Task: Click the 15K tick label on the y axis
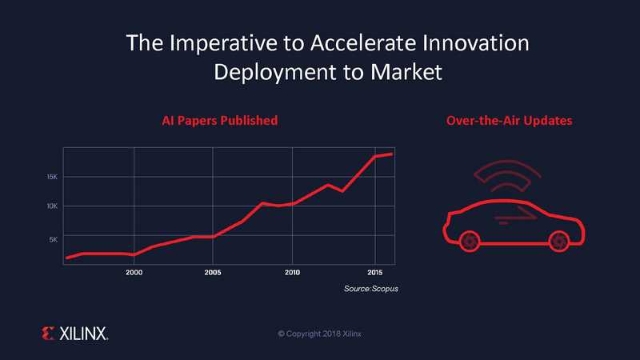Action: pyautogui.click(x=52, y=177)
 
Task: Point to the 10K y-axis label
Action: pyautogui.click(x=52, y=206)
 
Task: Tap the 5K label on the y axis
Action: pyautogui.click(x=54, y=239)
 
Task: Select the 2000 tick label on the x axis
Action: pyautogui.click(x=134, y=272)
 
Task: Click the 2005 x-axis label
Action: pyautogui.click(x=213, y=272)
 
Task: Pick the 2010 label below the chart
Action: pyautogui.click(x=292, y=272)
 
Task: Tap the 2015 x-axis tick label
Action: pyautogui.click(x=374, y=272)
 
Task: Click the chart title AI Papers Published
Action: pyautogui.click(x=219, y=121)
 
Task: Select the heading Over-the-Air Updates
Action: pyautogui.click(x=510, y=121)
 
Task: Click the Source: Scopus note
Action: pyautogui.click(x=371, y=289)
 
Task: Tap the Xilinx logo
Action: pyautogui.click(x=74, y=334)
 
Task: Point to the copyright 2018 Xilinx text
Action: pyautogui.click(x=319, y=334)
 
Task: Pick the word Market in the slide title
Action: pyautogui.click(x=406, y=72)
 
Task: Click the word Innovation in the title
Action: pyautogui.click(x=476, y=43)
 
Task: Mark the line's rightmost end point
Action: pyautogui.click(x=392, y=154)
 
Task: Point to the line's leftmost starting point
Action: pyautogui.click(x=67, y=258)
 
